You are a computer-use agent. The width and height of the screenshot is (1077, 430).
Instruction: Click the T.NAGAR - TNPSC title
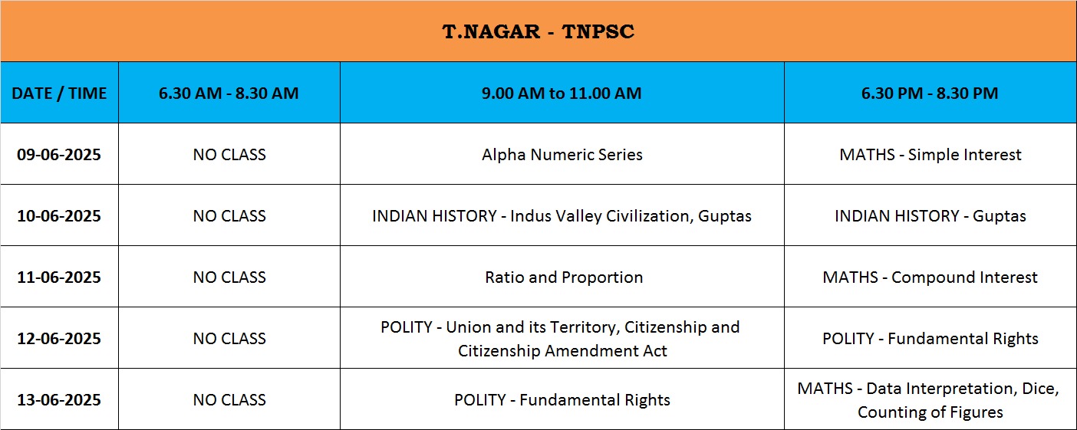[538, 31]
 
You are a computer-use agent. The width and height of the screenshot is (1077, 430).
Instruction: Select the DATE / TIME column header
[59, 94]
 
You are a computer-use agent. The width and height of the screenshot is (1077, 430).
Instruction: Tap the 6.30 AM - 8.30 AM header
[229, 94]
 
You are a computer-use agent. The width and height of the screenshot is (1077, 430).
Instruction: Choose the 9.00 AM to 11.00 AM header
[562, 94]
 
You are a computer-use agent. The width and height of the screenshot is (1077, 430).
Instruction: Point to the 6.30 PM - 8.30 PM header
[930, 94]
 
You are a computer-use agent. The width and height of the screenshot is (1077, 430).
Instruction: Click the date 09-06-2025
[59, 155]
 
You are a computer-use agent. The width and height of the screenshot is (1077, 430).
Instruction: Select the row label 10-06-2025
[59, 216]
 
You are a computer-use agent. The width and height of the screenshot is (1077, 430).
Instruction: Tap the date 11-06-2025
[59, 277]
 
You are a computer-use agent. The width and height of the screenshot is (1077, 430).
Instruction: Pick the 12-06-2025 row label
[59, 339]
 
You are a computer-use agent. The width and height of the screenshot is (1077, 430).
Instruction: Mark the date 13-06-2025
[59, 400]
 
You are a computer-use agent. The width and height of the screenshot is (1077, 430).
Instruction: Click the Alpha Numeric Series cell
[562, 155]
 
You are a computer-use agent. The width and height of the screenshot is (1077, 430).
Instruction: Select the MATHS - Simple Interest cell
[930, 155]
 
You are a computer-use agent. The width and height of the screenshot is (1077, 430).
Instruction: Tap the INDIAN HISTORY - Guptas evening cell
[930, 216]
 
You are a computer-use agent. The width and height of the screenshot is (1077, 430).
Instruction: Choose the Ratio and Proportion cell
[564, 277]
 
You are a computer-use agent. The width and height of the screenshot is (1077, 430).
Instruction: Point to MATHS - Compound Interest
[930, 277]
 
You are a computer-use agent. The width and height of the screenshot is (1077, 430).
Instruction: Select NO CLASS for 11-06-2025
[229, 277]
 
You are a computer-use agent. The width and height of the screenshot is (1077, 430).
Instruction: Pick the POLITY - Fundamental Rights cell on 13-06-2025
[562, 400]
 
